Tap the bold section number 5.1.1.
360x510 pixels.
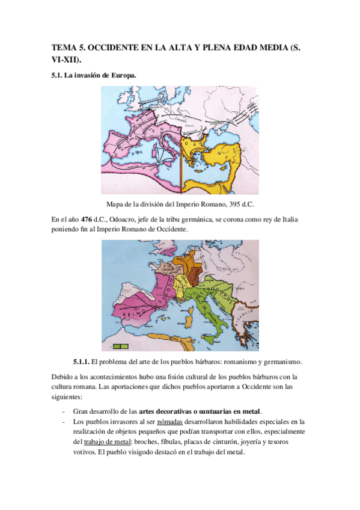81,361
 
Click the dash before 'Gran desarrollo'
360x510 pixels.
64,411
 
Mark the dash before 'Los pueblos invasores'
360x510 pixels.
64,421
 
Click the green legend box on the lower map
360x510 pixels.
121,346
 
